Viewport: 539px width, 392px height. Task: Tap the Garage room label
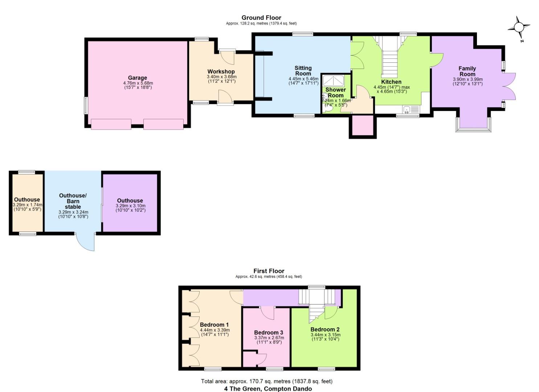pos(137,78)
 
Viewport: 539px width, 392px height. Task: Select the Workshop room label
pos(221,72)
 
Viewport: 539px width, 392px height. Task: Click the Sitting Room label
pos(303,71)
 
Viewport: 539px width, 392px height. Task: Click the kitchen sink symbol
pos(411,109)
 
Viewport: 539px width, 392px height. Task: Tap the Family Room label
pos(467,71)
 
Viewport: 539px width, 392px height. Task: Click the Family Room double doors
pos(509,86)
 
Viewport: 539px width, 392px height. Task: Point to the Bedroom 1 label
pos(214,324)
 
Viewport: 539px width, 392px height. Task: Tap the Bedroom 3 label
pos(268,332)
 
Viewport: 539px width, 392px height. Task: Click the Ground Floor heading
pos(261,17)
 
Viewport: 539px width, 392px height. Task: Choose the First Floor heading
pos(269,271)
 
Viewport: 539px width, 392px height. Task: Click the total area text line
pos(267,381)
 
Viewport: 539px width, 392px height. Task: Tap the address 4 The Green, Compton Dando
pos(268,389)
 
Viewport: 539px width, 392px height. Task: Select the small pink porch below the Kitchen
pos(361,126)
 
